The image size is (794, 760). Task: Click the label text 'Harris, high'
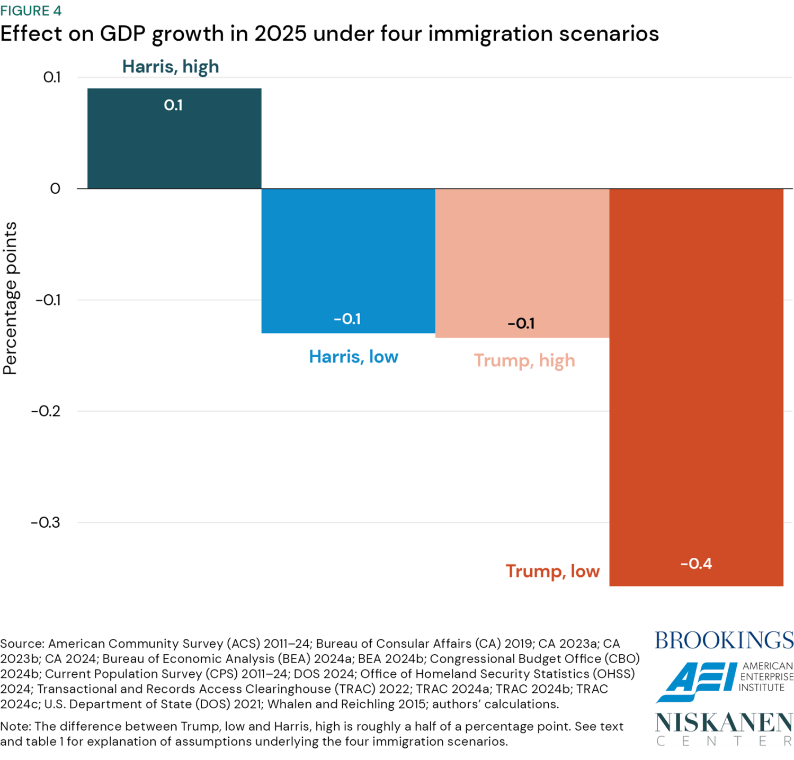pos(171,67)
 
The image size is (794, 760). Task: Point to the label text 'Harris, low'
pos(353,357)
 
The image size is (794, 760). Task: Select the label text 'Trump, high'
pos(524,360)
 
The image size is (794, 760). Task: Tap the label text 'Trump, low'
pos(552,572)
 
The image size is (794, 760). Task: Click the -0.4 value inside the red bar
pos(696,564)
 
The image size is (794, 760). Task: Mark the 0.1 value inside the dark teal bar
pos(173,105)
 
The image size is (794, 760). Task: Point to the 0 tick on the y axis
pos(55,189)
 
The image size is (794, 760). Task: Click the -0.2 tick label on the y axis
pos(46,411)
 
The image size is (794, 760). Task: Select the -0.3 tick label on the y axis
pos(46,523)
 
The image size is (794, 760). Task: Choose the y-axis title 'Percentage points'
pos(11,298)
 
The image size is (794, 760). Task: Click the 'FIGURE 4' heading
pos(31,11)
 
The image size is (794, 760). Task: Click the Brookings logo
pos(724,640)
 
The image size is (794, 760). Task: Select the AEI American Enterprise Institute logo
pos(724,680)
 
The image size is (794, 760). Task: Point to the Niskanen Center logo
pos(724,728)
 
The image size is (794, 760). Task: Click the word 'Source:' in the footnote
pos(22,644)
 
